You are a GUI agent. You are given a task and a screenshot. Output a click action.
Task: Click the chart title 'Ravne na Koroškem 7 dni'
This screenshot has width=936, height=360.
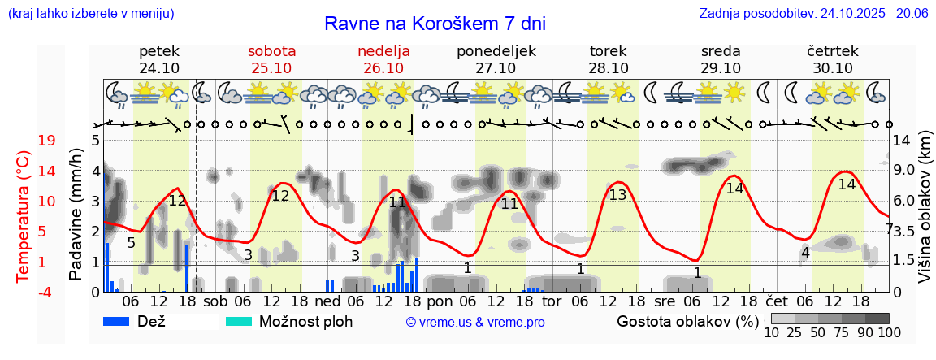(435, 23)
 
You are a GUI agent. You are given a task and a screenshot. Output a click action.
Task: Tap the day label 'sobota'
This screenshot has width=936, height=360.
(271, 51)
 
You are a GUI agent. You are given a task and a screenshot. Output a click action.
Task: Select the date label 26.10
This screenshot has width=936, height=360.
(383, 68)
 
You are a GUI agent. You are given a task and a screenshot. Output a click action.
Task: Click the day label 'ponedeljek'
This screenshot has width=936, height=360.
(496, 51)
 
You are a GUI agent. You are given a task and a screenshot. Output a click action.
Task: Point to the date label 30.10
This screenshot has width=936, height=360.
(833, 68)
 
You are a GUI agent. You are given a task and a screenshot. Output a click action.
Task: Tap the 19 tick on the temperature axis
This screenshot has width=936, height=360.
(47, 141)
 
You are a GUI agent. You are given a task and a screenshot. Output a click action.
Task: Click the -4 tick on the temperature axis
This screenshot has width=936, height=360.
(45, 291)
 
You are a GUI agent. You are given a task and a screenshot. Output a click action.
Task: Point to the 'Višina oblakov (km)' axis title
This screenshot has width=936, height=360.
(925, 215)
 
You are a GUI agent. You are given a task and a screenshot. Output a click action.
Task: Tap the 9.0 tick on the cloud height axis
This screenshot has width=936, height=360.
(906, 171)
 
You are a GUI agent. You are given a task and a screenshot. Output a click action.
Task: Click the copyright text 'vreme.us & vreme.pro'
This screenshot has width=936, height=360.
(474, 323)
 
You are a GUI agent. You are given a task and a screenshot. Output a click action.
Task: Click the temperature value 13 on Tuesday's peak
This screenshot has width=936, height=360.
(617, 195)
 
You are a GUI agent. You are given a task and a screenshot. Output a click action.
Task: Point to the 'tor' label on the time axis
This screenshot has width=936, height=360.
(552, 301)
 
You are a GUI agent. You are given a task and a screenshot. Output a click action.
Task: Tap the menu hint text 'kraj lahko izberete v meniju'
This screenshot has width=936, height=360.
(90, 13)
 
